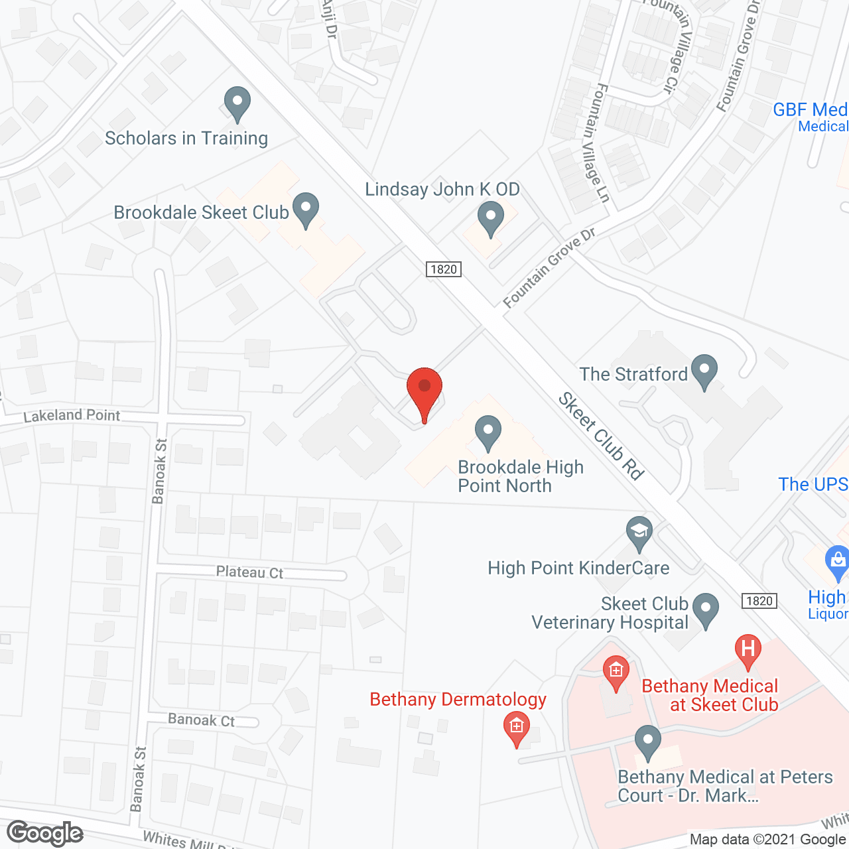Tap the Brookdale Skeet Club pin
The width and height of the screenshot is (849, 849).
click(x=306, y=209)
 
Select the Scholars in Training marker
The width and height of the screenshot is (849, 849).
click(x=237, y=103)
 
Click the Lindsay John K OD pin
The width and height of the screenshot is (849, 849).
click(x=491, y=218)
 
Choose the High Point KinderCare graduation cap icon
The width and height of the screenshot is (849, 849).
click(x=639, y=533)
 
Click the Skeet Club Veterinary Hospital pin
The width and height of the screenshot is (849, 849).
click(x=705, y=610)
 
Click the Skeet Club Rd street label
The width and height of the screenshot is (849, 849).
click(x=601, y=436)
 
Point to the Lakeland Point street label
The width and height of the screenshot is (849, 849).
click(x=72, y=416)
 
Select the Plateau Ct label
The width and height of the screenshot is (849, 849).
click(x=249, y=572)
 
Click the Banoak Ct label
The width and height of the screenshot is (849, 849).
click(x=201, y=720)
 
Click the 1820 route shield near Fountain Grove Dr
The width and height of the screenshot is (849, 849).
click(x=443, y=269)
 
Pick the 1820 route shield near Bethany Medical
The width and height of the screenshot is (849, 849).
click(x=759, y=601)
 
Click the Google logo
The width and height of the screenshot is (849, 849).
click(x=45, y=832)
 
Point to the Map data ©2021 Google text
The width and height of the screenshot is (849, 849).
click(x=767, y=839)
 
